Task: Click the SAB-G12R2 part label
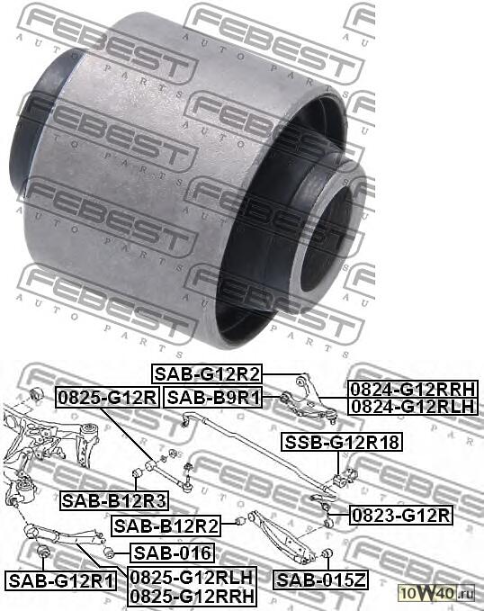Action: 207,373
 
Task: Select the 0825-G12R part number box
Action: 107,396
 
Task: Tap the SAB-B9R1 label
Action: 212,397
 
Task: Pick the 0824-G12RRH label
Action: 413,389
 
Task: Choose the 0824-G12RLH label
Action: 413,406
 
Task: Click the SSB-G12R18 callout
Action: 342,442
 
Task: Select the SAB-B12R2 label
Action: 166,525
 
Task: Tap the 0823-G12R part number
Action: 388,515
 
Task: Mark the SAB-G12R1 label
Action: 60,580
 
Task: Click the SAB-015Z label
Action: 320,580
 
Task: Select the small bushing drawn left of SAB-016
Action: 108,553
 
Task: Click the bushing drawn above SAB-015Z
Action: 328,552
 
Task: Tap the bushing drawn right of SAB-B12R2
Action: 240,521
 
